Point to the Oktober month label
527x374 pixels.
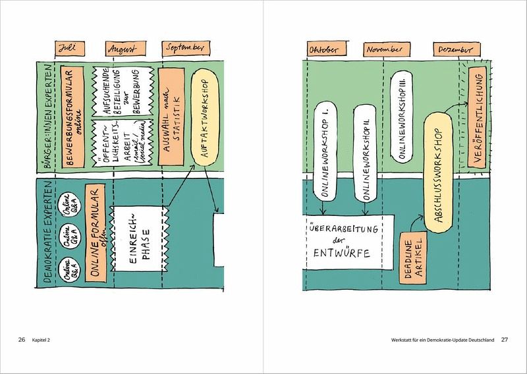tap(323, 50)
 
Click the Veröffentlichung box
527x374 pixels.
tap(476, 117)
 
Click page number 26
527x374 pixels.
tap(22, 340)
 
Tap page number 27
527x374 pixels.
tap(505, 340)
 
